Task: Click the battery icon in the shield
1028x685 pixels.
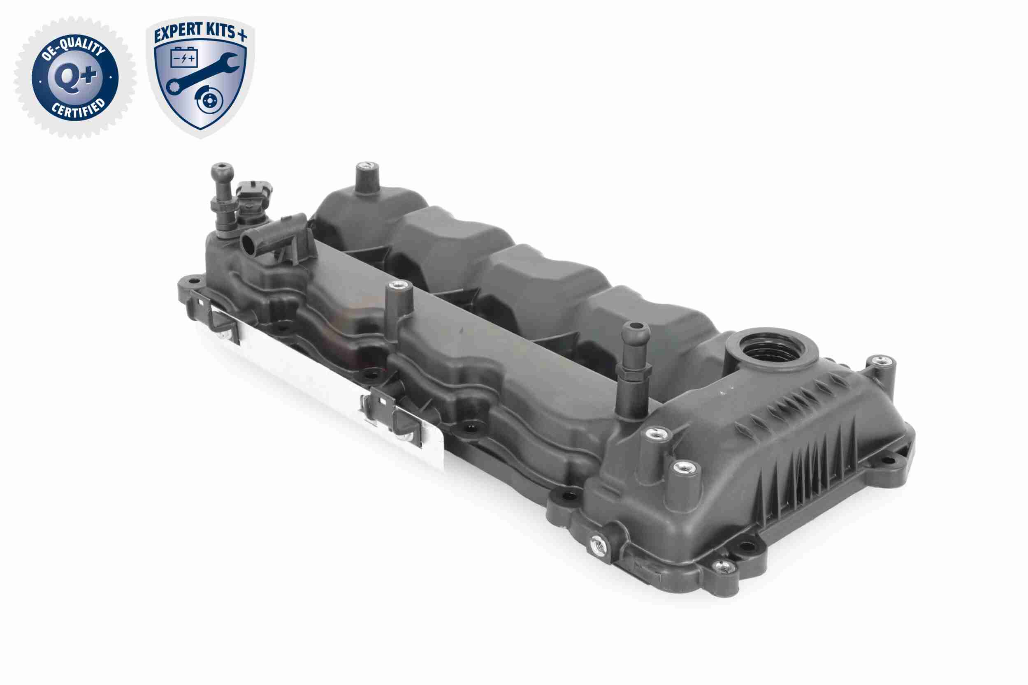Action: [184, 57]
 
